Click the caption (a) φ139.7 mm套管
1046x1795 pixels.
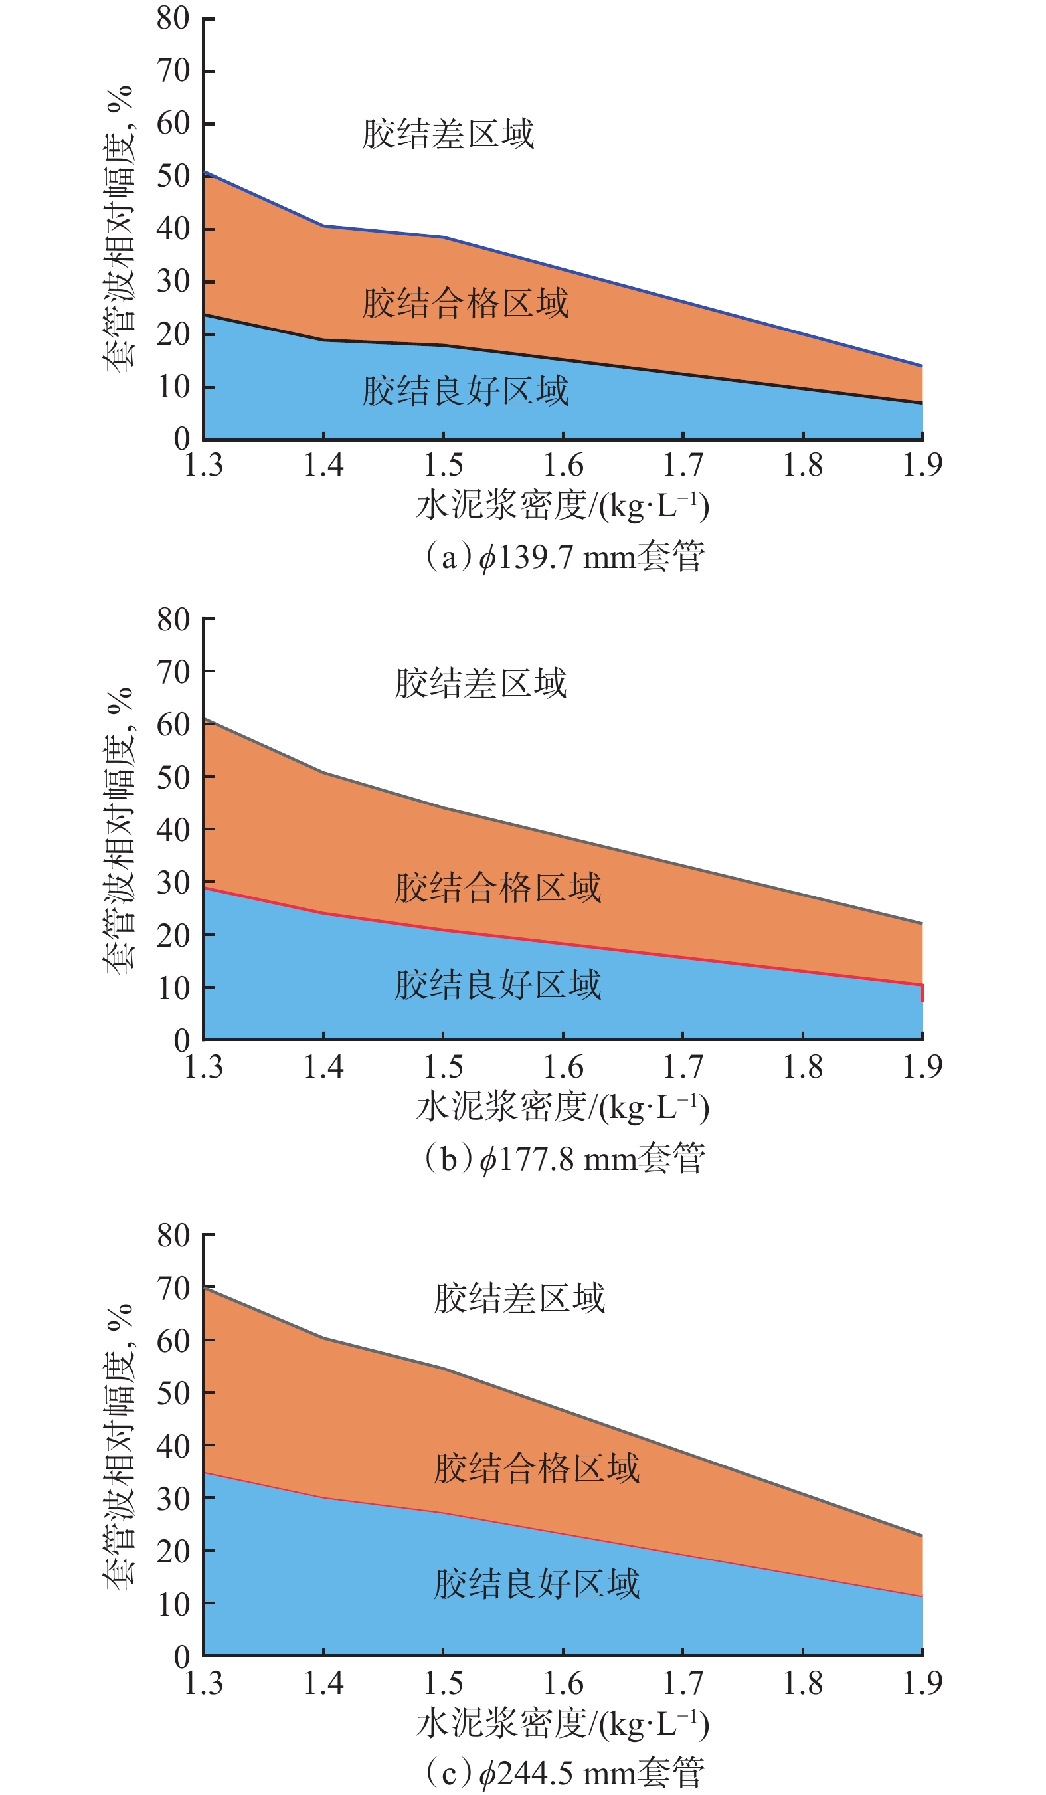pyautogui.click(x=563, y=557)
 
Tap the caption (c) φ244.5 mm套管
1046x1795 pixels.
pyautogui.click(x=563, y=1772)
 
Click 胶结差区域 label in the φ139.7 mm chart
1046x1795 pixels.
pyautogui.click(x=448, y=134)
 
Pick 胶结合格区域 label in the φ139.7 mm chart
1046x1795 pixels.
pyautogui.click(x=465, y=304)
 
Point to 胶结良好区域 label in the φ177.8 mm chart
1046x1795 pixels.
pyautogui.click(x=497, y=985)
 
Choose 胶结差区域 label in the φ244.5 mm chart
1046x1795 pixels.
pyautogui.click(x=519, y=1298)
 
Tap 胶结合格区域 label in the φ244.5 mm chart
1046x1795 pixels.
pyautogui.click(x=536, y=1469)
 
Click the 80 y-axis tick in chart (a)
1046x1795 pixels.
pyautogui.click(x=173, y=19)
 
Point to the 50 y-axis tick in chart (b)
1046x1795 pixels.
pyautogui.click(x=173, y=777)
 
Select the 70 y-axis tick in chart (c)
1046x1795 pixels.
pyautogui.click(x=173, y=1288)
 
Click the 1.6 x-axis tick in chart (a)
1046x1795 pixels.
pyautogui.click(x=563, y=466)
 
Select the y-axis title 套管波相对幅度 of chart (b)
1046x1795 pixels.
pyautogui.click(x=119, y=830)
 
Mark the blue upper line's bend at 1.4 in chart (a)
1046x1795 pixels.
pyautogui.click(x=324, y=226)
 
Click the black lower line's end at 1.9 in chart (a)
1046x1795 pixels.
pyautogui.click(x=922, y=403)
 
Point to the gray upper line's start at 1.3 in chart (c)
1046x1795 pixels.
pyautogui.click(x=205, y=1287)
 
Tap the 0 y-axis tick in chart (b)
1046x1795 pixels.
pyautogui.click(x=181, y=1040)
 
